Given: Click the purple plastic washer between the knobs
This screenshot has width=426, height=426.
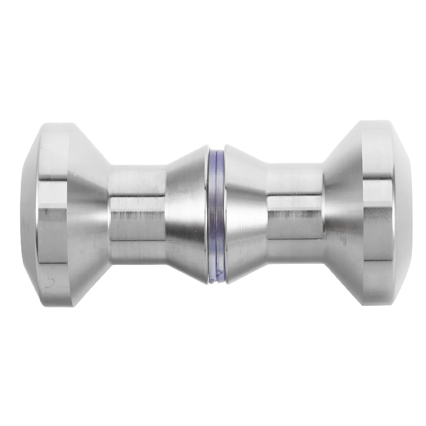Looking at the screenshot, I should [x=215, y=213].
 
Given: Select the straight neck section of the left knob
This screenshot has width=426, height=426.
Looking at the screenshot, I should [x=136, y=213].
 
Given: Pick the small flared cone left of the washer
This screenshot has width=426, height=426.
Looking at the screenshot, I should [x=186, y=213].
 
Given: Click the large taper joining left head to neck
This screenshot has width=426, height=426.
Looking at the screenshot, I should [x=88, y=213].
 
